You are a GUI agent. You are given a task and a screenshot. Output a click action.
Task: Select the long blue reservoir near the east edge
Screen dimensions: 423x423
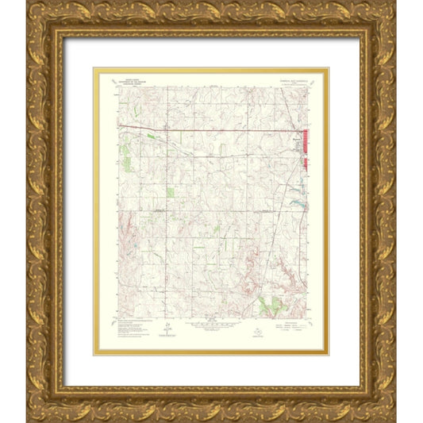pos(298,204)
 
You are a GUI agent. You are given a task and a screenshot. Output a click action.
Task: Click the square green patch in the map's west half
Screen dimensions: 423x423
pos(171,192)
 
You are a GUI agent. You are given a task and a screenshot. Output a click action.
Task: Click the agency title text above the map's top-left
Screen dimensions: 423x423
pos(127,82)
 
